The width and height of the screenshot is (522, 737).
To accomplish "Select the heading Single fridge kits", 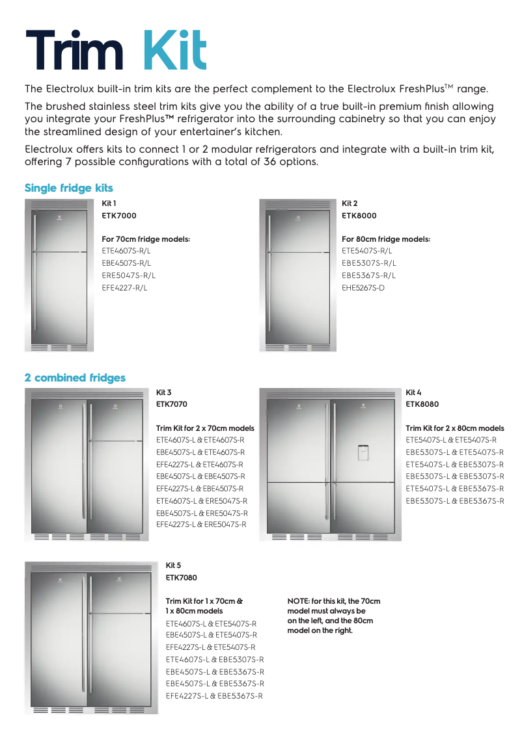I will (x=69, y=188).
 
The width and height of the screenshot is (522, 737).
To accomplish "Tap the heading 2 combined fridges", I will (x=75, y=378).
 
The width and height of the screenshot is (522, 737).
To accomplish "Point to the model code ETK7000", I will (x=119, y=215).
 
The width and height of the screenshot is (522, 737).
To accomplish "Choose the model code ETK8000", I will (x=359, y=215).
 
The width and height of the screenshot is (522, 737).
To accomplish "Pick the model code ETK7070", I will (x=172, y=404).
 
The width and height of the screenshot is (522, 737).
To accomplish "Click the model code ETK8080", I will (x=422, y=404).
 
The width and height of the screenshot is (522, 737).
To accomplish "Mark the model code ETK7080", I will (x=182, y=577).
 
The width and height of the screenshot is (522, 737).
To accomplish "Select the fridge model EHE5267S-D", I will (x=363, y=287).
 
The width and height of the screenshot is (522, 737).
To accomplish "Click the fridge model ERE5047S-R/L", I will (x=129, y=275).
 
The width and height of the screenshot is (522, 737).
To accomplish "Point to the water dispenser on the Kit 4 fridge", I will (x=363, y=452).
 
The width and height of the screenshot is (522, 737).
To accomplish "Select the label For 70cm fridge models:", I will (x=146, y=239).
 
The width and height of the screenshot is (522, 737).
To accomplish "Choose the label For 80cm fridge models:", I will (x=386, y=239).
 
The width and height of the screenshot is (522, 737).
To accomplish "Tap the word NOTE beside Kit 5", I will (x=298, y=601).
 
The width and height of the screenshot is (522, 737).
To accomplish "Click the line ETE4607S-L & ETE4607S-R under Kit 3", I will (x=200, y=440).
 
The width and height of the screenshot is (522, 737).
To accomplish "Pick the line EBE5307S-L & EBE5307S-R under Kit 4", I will (x=455, y=476).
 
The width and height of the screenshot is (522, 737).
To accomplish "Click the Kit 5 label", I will (x=174, y=565).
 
